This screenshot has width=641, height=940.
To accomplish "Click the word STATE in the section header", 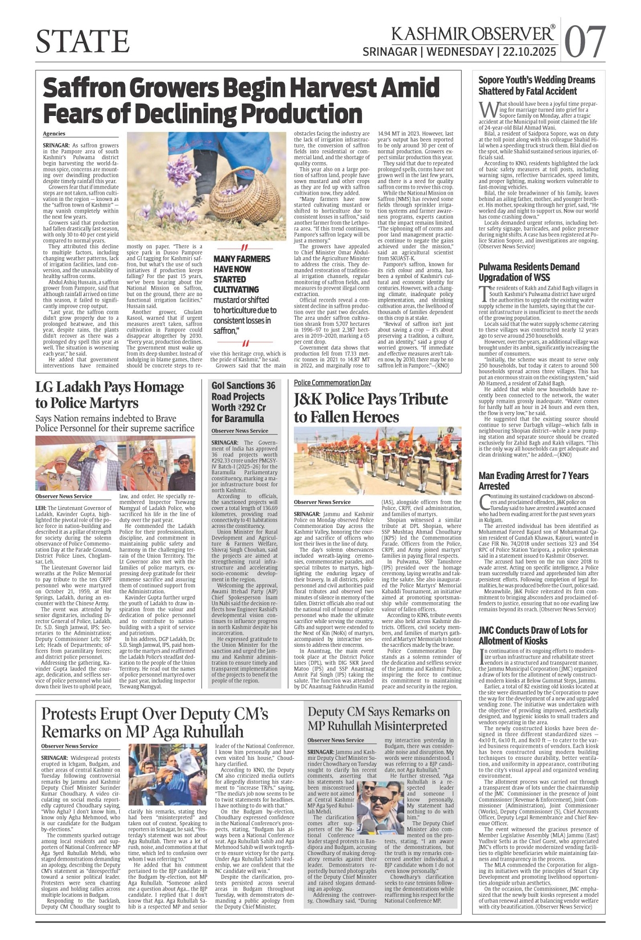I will coord(83,41).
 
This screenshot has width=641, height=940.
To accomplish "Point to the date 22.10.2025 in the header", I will coord(529,52).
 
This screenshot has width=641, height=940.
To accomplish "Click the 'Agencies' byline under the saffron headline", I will coord(54,133).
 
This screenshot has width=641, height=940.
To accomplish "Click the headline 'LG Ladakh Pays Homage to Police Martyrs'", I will coord(110,395).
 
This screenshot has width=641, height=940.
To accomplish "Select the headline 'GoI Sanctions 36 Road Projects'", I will coord(243,401).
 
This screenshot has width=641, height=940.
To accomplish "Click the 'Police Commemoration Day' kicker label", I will coord(332,383).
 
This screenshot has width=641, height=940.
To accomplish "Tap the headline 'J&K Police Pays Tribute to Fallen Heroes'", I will coord(371,408).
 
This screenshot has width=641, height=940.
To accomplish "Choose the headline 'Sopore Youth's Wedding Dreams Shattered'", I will coord(536,85).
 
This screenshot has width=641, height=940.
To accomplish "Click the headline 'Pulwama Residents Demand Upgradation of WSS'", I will coord(529,272).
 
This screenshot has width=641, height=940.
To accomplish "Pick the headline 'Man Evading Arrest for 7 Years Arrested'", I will coord(533,480).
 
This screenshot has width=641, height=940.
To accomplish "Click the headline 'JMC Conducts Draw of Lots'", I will coord(532,635).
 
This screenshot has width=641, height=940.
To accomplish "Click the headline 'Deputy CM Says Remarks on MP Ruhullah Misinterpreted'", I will coord(378,719).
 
